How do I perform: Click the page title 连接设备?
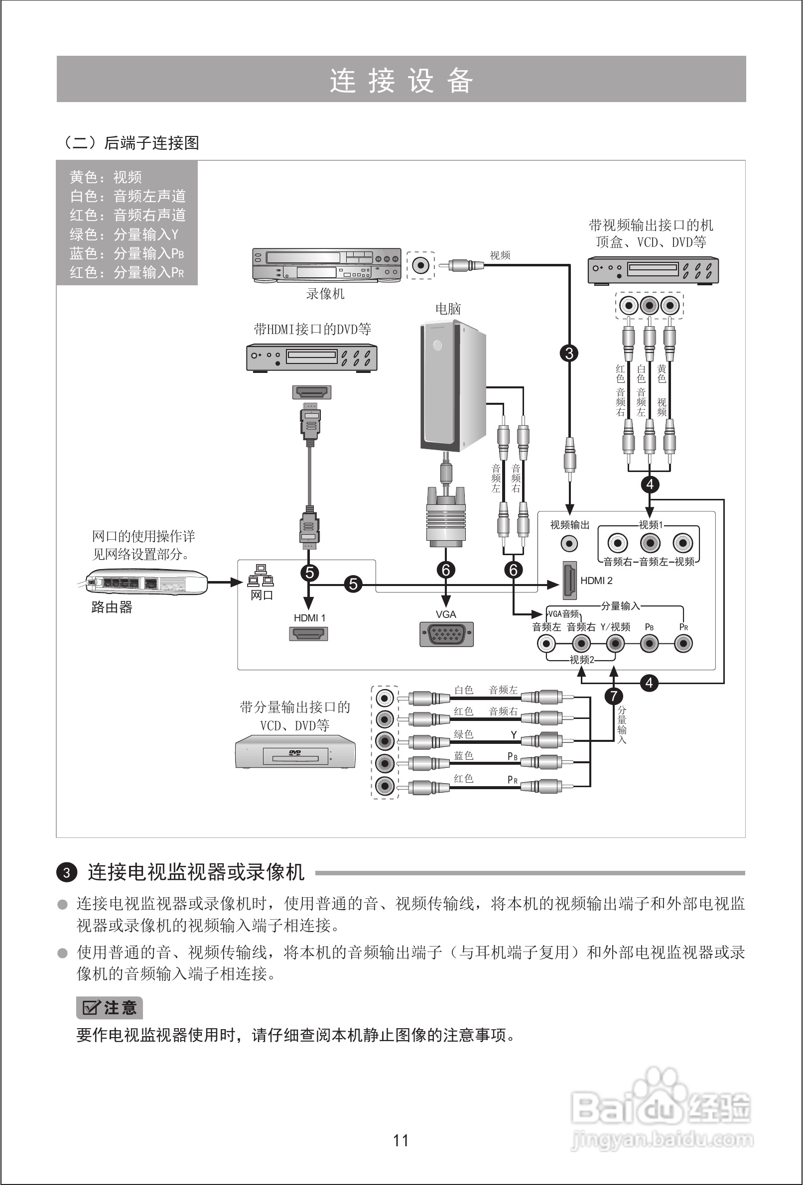tap(401, 80)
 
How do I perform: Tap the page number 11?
tap(401, 1140)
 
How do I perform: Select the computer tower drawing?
tap(451, 386)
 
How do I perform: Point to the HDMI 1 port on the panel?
tap(309, 634)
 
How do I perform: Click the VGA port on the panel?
tap(446, 634)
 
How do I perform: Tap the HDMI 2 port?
tap(569, 581)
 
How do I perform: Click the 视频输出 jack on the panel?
tap(569, 544)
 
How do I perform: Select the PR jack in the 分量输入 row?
tap(683, 644)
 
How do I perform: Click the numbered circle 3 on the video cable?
tap(569, 353)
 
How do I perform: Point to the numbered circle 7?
tap(614, 696)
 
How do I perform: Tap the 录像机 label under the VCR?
tap(325, 294)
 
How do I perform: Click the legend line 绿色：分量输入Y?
tap(124, 235)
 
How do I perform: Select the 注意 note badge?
tap(109, 1008)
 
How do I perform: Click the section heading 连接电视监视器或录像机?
tap(196, 872)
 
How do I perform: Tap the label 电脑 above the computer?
tap(448, 309)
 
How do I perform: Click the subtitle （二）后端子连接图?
tap(130, 143)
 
